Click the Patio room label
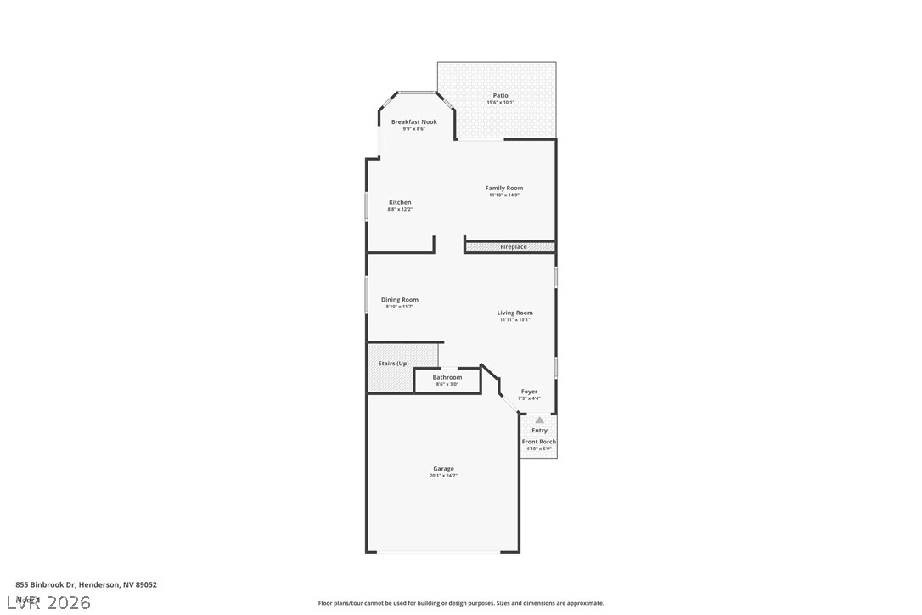coord(500,95)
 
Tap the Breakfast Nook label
coord(414,122)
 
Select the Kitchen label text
coord(400,202)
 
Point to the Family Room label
coord(504,188)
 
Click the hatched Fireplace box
coord(510,247)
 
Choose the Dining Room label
coord(399,300)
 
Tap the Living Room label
coord(515,313)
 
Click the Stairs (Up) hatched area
coord(393,368)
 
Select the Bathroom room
coord(447,380)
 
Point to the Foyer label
coord(529,392)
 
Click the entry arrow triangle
coord(539,420)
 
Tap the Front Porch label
coord(539,442)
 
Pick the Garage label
coord(443,469)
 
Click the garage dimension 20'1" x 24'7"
coord(443,476)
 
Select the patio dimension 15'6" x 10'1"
coord(500,103)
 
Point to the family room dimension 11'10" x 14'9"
coord(504,195)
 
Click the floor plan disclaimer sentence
coord(461,603)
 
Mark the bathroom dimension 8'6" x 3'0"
coord(447,385)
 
